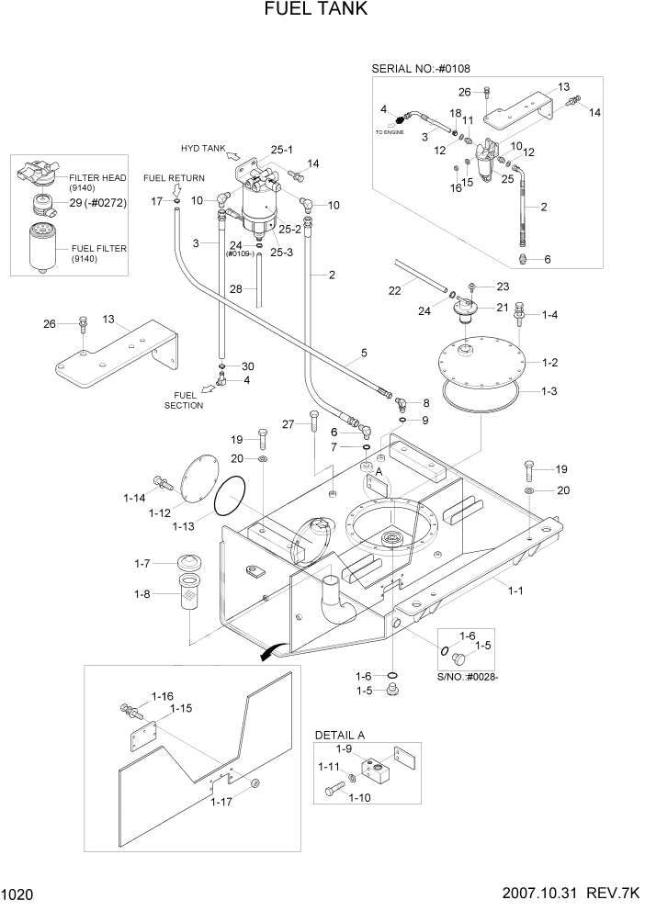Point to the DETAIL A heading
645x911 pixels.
coord(340,735)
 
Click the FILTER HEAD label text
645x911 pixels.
coord(102,178)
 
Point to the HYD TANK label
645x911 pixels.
coord(202,148)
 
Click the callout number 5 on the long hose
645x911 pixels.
coord(364,352)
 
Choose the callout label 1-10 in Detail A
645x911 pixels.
coord(360,798)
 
